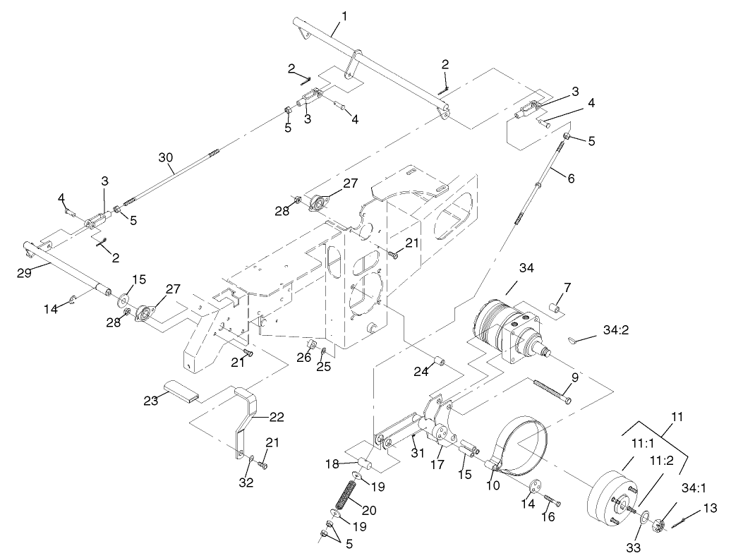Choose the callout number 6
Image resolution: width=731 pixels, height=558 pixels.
[x=570, y=178]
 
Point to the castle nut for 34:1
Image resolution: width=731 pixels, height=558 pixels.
[x=660, y=526]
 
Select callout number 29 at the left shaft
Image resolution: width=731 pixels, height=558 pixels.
[x=24, y=273]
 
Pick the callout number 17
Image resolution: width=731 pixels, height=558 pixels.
[x=441, y=466]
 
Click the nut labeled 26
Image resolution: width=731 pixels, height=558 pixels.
[x=310, y=344]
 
